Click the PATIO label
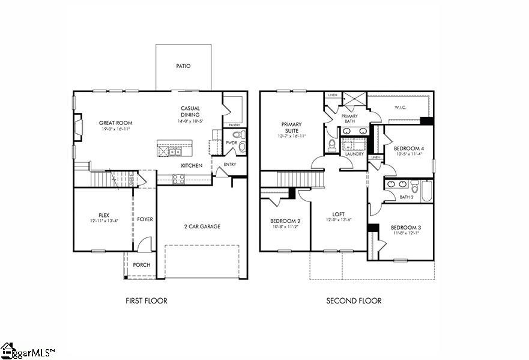pos(183,66)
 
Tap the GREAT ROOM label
pos(115,123)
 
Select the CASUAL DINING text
pos(190,112)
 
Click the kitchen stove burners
pos(178,178)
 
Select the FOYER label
pos(145,219)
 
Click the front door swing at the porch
pos(143,245)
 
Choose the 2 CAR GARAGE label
pos(202,227)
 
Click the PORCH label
pos(142,265)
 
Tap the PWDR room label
pos(231,143)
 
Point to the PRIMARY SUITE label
pos(292,127)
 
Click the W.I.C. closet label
pos(401,108)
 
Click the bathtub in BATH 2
pos(426,191)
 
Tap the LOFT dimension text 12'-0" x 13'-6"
pos(338,220)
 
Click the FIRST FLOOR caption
pos(147,301)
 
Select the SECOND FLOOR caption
pos(354,301)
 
